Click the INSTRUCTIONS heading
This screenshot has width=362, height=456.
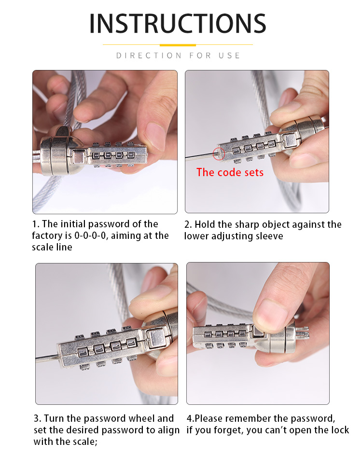click(x=178, y=23)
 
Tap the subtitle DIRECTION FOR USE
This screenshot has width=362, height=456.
click(x=178, y=55)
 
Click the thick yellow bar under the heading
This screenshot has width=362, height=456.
click(x=178, y=45)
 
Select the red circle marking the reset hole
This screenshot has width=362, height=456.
click(x=219, y=153)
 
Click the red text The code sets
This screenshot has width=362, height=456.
click(x=230, y=172)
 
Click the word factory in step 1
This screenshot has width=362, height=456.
click(x=46, y=236)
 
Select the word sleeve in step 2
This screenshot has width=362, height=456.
click(x=269, y=236)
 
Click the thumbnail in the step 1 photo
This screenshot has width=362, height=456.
click(x=156, y=134)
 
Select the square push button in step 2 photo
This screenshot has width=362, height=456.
click(x=290, y=140)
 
